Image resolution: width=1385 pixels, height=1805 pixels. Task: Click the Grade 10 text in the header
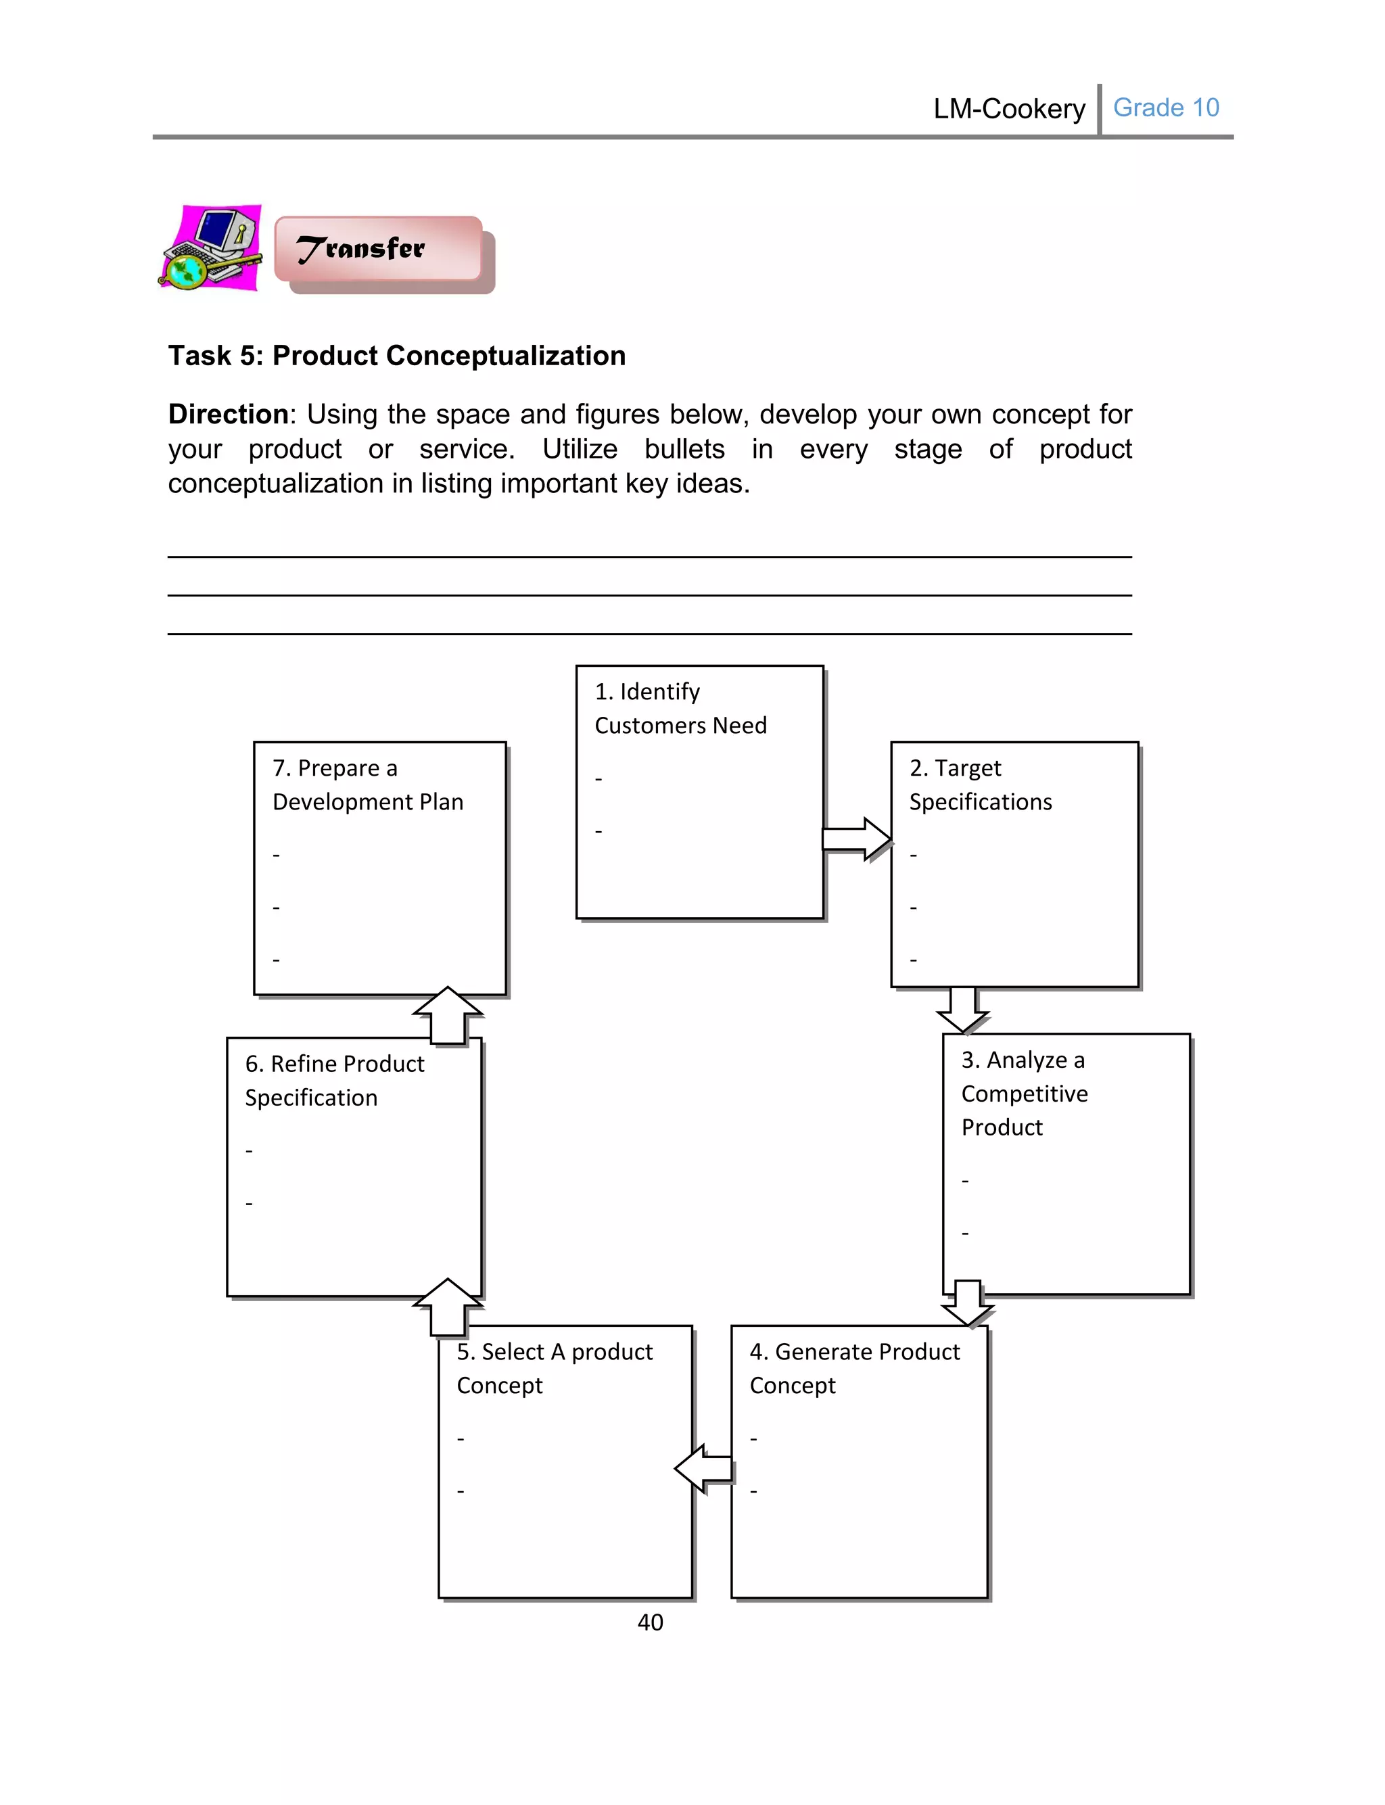click(x=1166, y=108)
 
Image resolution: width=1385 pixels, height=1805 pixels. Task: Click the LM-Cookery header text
click(x=1009, y=109)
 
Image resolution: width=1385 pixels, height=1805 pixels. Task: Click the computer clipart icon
click(x=211, y=248)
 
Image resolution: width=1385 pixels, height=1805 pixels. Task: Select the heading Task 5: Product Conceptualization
click(x=396, y=355)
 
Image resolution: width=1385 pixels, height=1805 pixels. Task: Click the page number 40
click(x=650, y=1622)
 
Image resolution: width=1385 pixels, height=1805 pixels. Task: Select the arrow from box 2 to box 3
click(x=963, y=1010)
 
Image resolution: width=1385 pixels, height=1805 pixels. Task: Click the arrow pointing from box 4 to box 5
click(x=703, y=1468)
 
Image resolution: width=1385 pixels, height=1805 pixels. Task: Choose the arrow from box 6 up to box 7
click(x=448, y=1014)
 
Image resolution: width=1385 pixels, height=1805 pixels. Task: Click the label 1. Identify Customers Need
click(x=680, y=708)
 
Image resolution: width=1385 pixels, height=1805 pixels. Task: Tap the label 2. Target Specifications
click(x=980, y=784)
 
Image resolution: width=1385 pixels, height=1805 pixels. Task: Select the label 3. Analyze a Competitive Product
click(x=1024, y=1093)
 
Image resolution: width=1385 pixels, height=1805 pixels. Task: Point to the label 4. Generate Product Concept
click(x=854, y=1368)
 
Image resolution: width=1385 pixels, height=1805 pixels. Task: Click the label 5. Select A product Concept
click(x=554, y=1368)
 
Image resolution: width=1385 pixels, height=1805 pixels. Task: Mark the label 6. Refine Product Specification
click(x=334, y=1081)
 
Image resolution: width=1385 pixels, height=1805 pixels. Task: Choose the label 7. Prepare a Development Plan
click(x=368, y=784)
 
